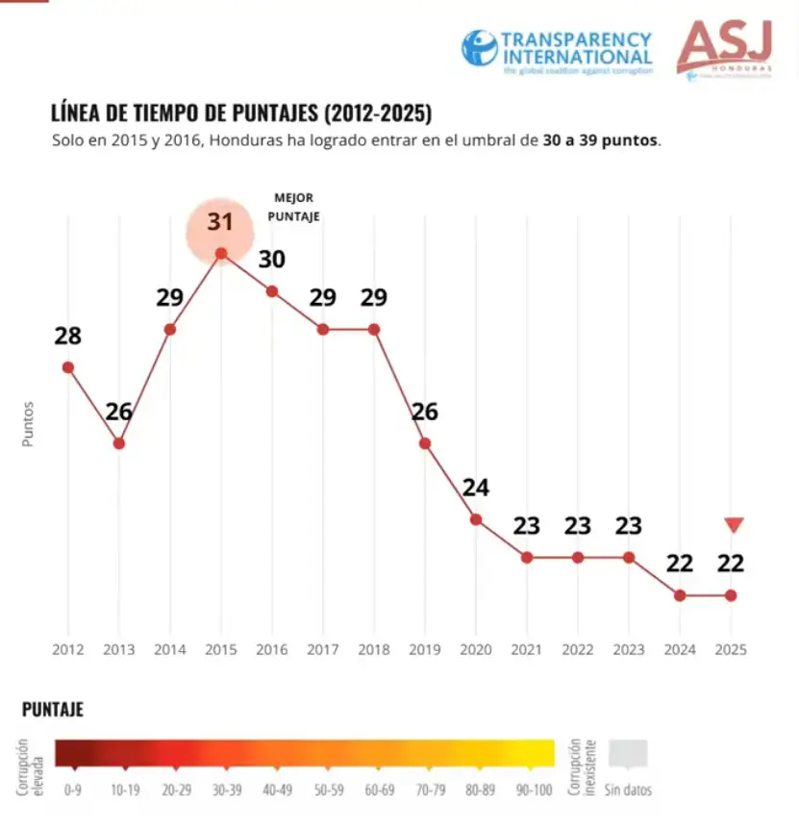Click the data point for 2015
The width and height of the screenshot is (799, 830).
pyautogui.click(x=221, y=254)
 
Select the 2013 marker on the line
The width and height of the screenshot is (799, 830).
pyautogui.click(x=119, y=443)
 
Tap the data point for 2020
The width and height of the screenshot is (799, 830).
pyautogui.click(x=476, y=519)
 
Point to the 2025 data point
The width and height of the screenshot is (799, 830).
pyautogui.click(x=731, y=595)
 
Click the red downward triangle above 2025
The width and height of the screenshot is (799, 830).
pyautogui.click(x=734, y=525)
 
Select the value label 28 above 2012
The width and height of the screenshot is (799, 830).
pyautogui.click(x=68, y=337)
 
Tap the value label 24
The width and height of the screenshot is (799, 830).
pyautogui.click(x=476, y=488)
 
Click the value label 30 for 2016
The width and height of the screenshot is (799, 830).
pyautogui.click(x=272, y=260)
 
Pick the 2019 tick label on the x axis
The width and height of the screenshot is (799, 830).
pyautogui.click(x=425, y=649)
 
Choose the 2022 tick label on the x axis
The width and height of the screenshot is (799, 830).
pyautogui.click(x=578, y=649)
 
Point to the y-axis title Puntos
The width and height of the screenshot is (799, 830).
pyautogui.click(x=28, y=423)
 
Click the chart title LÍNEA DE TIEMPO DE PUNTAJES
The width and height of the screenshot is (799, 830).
pyautogui.click(x=241, y=113)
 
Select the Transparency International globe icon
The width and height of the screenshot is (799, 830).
pyautogui.click(x=479, y=48)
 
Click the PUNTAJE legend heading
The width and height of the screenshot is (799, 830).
pyautogui.click(x=53, y=710)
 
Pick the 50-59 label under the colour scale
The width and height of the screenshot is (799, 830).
pyautogui.click(x=326, y=790)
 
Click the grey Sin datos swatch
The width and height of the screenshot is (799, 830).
pyautogui.click(x=629, y=754)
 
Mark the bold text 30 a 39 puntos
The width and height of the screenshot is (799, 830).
pyautogui.click(x=601, y=140)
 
